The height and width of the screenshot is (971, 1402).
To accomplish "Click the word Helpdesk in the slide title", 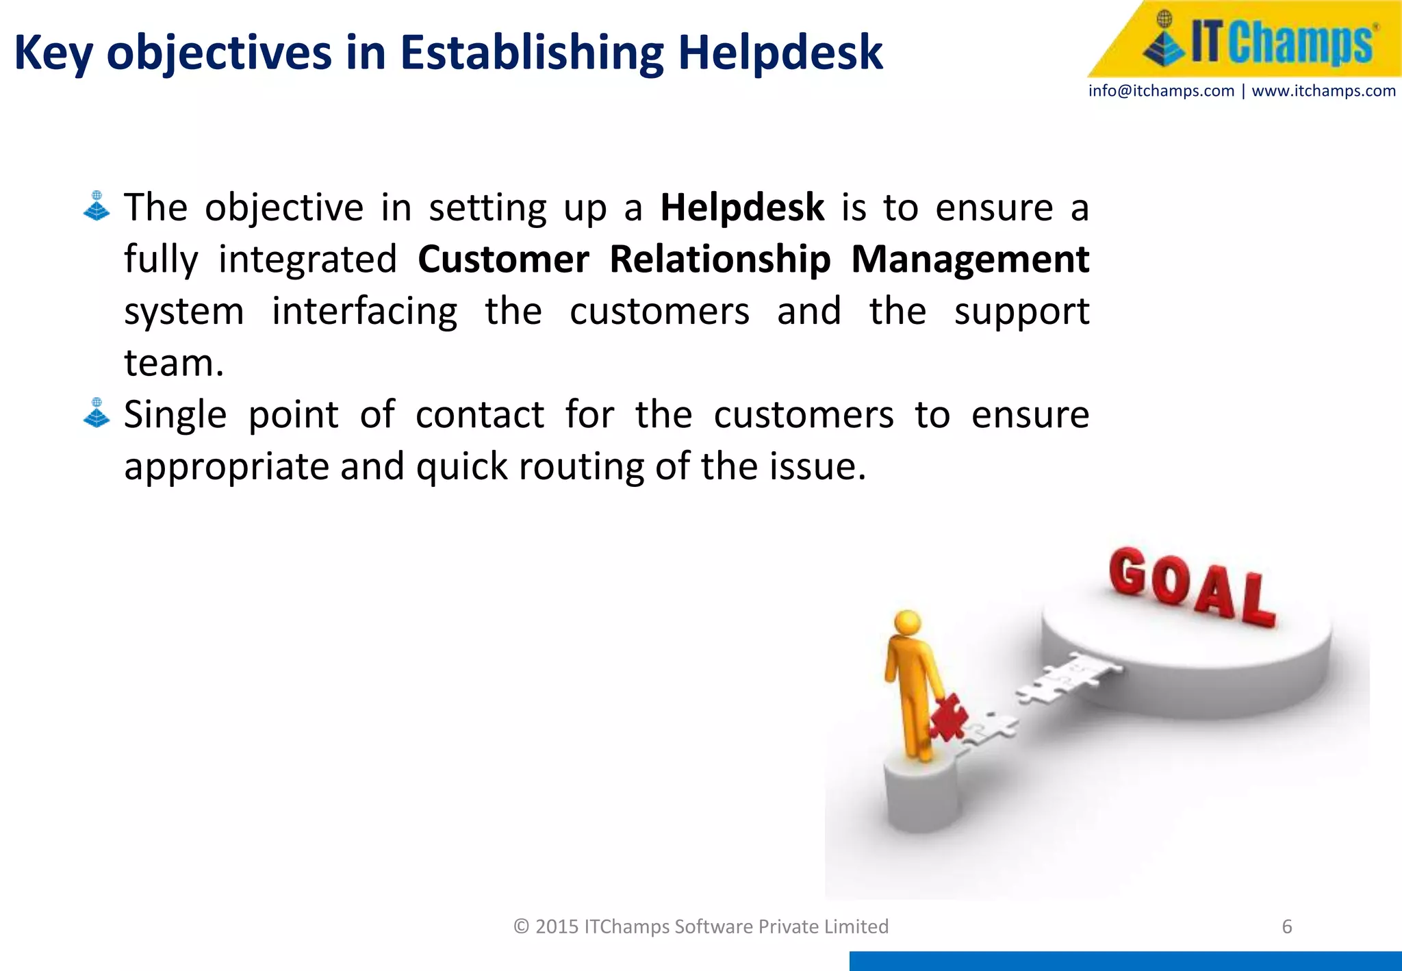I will (x=780, y=52).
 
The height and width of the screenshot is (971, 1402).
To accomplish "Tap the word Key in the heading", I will (x=53, y=53).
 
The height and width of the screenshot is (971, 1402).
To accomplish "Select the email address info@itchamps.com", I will (x=1161, y=91).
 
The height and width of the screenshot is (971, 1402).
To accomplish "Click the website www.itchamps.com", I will (x=1323, y=91).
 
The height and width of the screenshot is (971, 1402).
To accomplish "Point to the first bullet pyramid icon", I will (x=97, y=206).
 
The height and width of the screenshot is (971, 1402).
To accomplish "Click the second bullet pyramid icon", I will (x=97, y=413).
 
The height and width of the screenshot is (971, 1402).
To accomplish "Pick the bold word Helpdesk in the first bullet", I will (x=742, y=207).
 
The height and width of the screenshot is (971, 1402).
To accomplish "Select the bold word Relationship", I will (x=720, y=260).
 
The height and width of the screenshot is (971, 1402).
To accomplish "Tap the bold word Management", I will (x=970, y=260).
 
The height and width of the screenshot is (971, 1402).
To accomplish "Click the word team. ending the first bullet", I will (x=174, y=363).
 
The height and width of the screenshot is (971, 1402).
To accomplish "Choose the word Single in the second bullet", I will (x=175, y=415).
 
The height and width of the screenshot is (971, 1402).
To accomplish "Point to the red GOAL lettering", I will (x=1192, y=586).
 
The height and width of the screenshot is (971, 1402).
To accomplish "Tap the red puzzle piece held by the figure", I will (x=949, y=717).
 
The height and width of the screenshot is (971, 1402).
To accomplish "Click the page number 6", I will (x=1286, y=926).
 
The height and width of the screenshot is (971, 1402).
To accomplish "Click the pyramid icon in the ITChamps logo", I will (x=1164, y=40).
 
